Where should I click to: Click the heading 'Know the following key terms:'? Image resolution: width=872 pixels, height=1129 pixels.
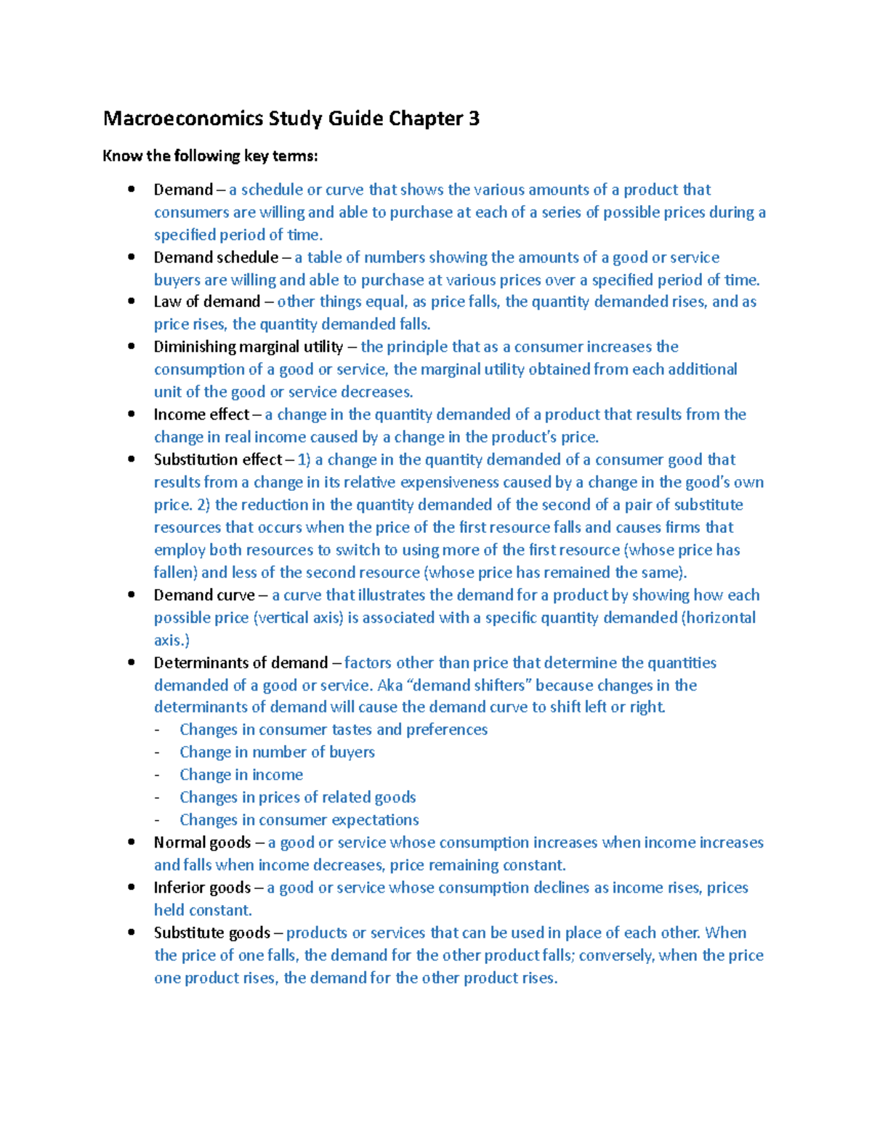(x=210, y=156)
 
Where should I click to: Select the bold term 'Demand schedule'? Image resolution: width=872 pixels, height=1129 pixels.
(x=216, y=257)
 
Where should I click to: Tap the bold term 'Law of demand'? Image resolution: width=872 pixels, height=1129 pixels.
(x=206, y=302)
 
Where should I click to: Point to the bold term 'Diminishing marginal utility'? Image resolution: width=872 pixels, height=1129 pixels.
(x=248, y=347)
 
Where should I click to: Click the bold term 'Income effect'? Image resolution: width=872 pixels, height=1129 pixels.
(x=201, y=414)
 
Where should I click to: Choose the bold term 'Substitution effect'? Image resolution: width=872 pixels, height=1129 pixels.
(x=217, y=459)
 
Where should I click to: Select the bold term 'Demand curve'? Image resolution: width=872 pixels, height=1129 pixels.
(x=204, y=595)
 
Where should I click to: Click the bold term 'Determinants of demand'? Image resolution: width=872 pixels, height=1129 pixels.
(x=241, y=663)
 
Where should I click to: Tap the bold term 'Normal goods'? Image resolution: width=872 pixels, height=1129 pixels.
(x=202, y=843)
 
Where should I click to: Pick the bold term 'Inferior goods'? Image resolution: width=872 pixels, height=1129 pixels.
(x=202, y=888)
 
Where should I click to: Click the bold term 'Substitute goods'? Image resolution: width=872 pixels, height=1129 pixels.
(x=211, y=933)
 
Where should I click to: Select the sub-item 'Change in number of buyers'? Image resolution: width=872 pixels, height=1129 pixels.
(x=277, y=752)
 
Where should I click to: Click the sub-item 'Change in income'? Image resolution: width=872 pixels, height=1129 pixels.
(x=241, y=775)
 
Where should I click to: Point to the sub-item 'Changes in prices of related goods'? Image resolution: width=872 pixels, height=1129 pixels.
(x=297, y=797)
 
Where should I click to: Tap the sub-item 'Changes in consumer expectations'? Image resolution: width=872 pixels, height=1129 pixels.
(x=299, y=820)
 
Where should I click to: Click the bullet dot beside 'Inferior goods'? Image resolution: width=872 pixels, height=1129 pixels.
(x=132, y=887)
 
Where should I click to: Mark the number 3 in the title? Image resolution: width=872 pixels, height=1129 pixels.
(x=474, y=118)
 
